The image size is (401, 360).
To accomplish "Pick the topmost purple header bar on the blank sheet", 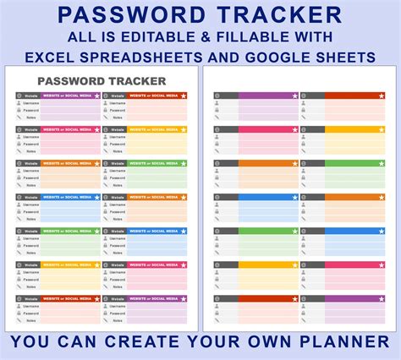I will tap(267, 96).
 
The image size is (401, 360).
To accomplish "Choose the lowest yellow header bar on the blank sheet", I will tap(267, 265).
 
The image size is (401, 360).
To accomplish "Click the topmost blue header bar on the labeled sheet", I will tap(69, 197).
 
